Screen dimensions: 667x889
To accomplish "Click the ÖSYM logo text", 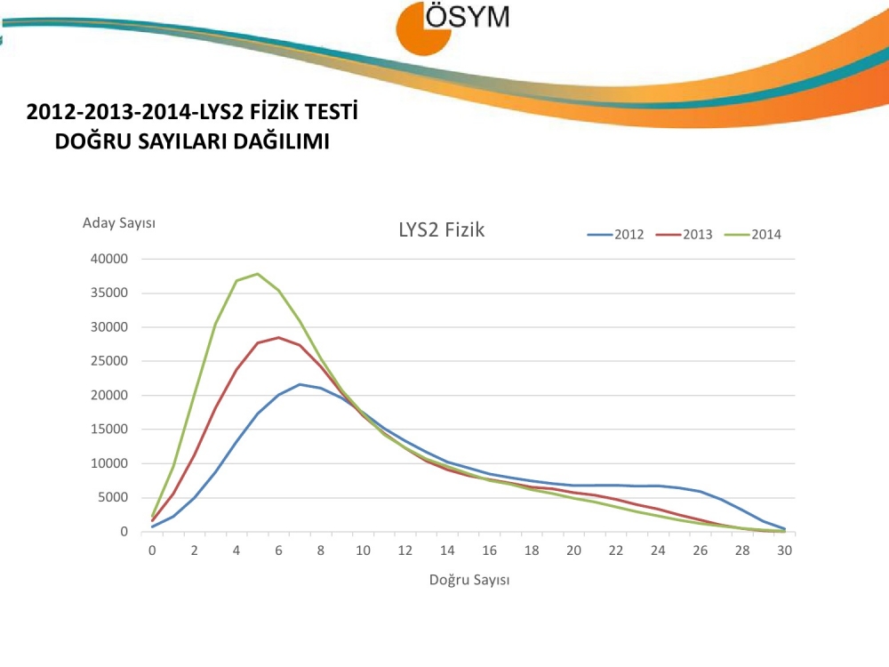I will point(468,16).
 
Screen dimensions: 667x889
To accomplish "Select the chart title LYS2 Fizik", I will point(441,230).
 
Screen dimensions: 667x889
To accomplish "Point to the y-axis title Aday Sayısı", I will point(119,222).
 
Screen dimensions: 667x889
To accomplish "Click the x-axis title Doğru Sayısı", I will point(469,580).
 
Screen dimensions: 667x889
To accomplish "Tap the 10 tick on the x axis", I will point(363,550).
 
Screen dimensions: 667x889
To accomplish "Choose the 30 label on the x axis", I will point(784,550).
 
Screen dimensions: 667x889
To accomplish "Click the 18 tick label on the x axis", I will point(532,550).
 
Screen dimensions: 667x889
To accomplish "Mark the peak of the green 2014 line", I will point(258,274).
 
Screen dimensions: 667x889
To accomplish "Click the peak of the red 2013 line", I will point(278,338).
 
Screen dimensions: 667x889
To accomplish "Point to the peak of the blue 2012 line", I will point(300,384).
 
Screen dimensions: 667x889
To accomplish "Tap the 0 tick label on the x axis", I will point(152,550).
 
